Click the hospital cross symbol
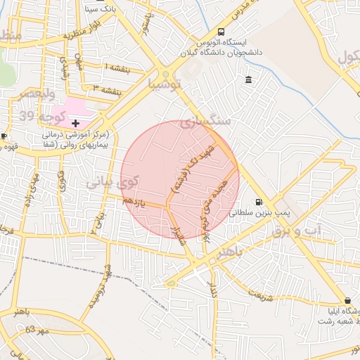76,123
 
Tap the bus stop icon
221,32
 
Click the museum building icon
249,81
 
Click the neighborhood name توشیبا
165,84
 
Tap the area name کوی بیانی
112,182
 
